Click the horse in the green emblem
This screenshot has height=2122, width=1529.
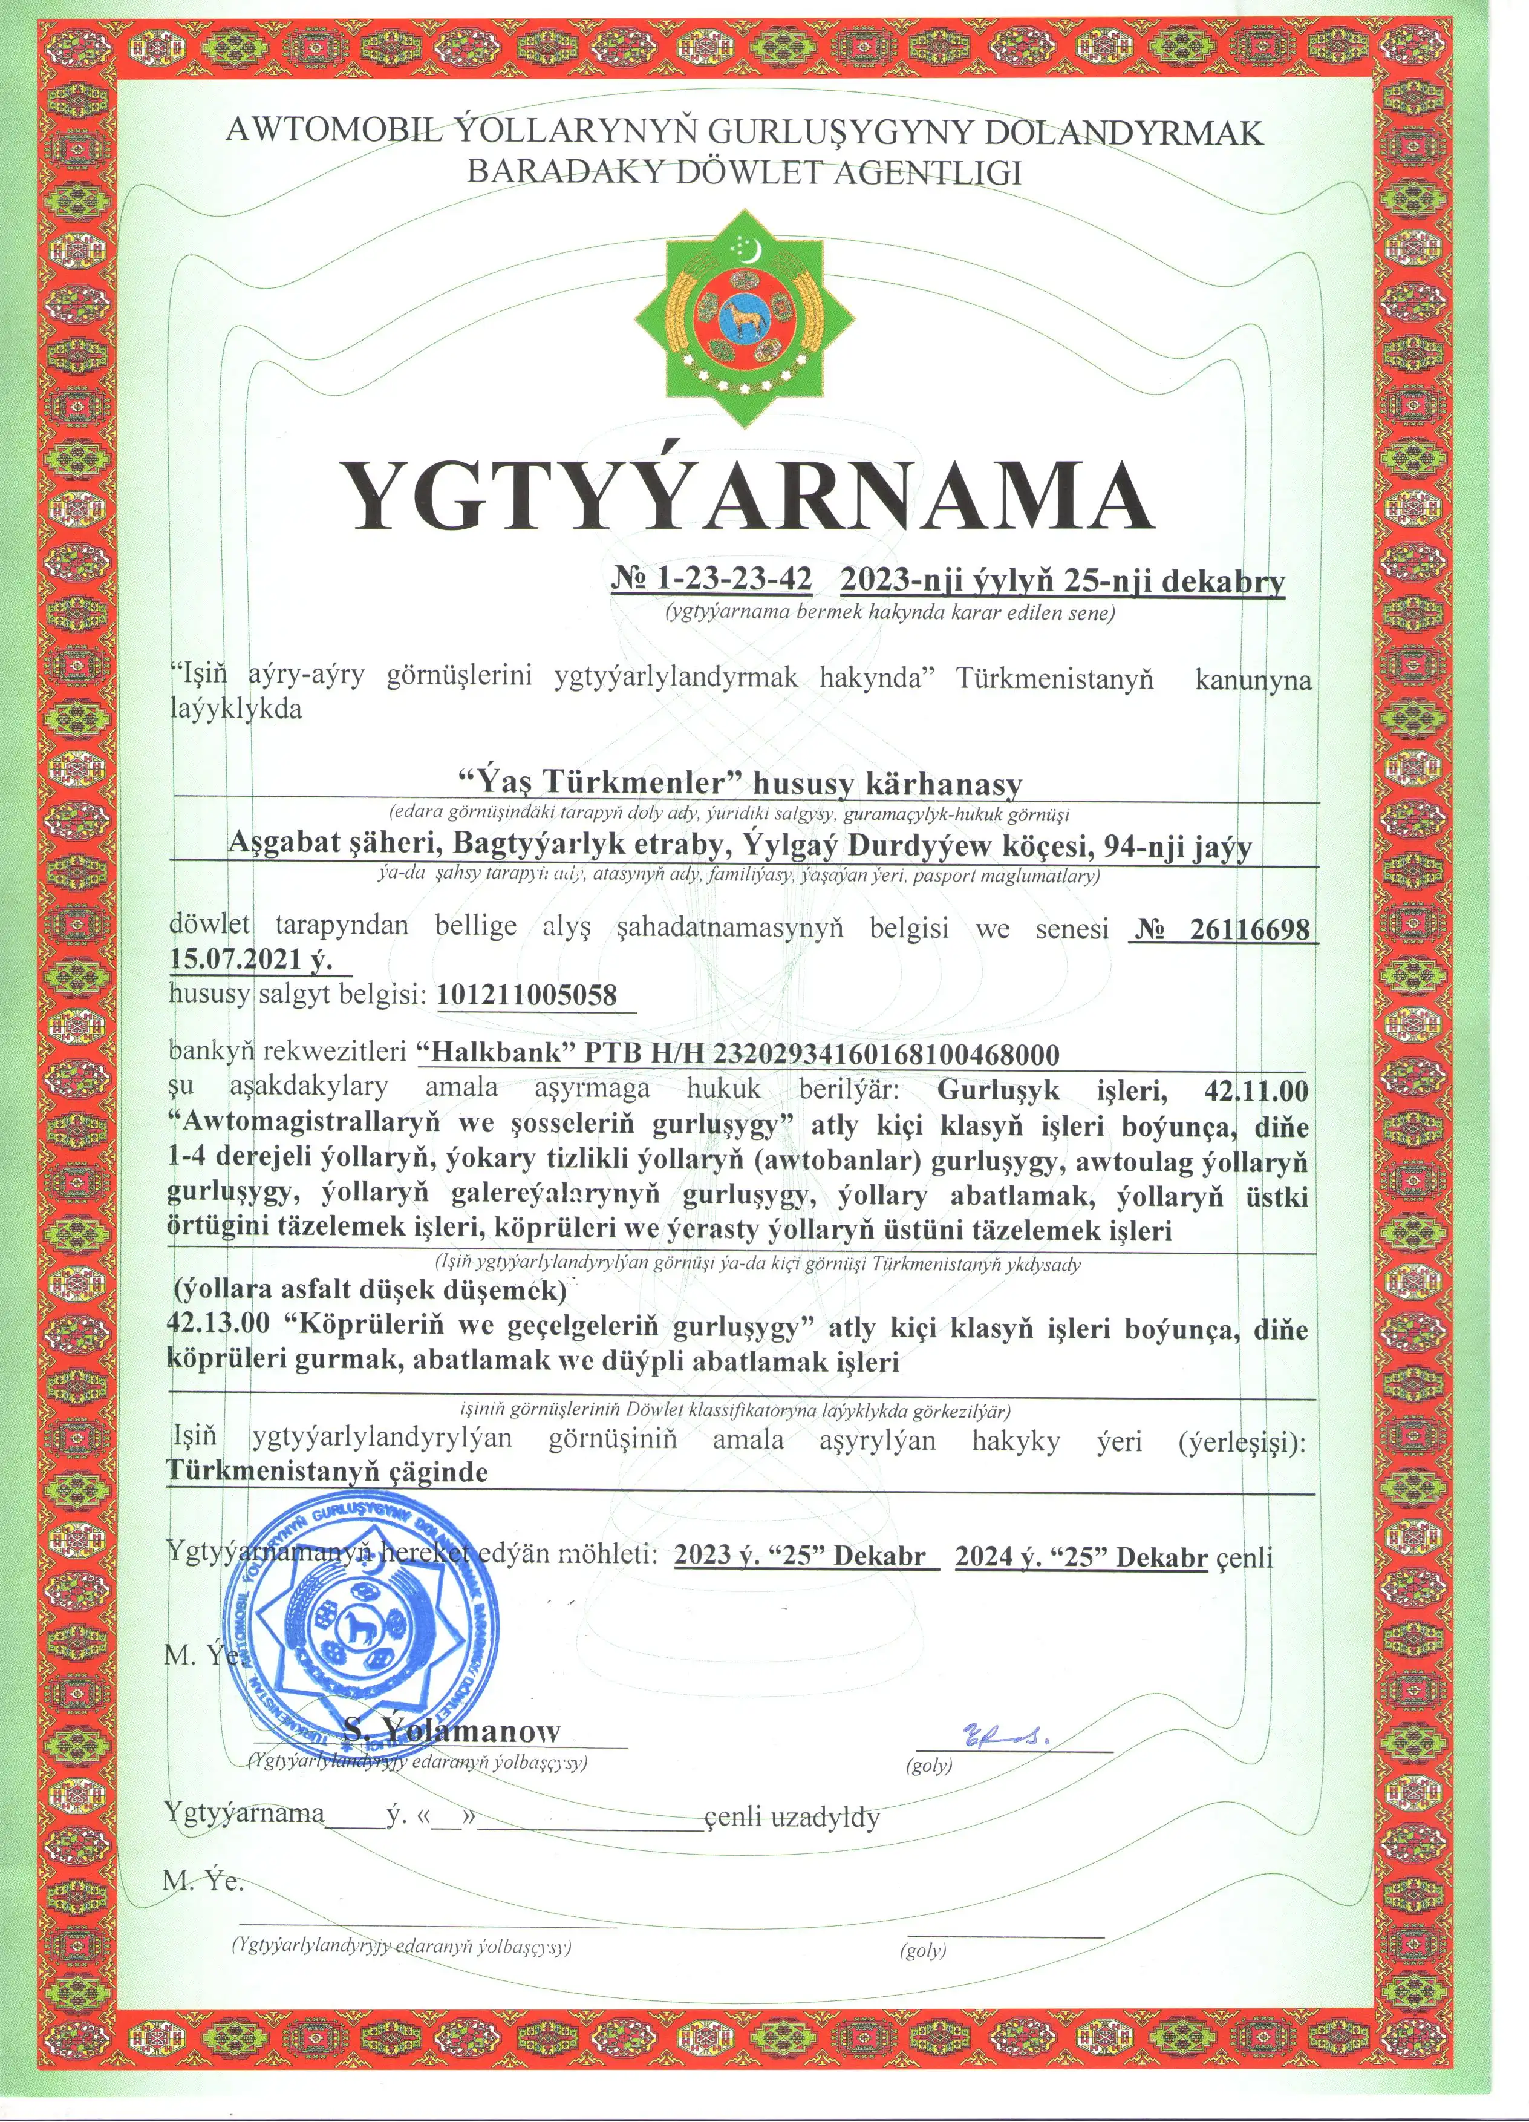(745, 321)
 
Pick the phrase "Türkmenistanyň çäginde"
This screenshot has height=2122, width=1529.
(327, 1472)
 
